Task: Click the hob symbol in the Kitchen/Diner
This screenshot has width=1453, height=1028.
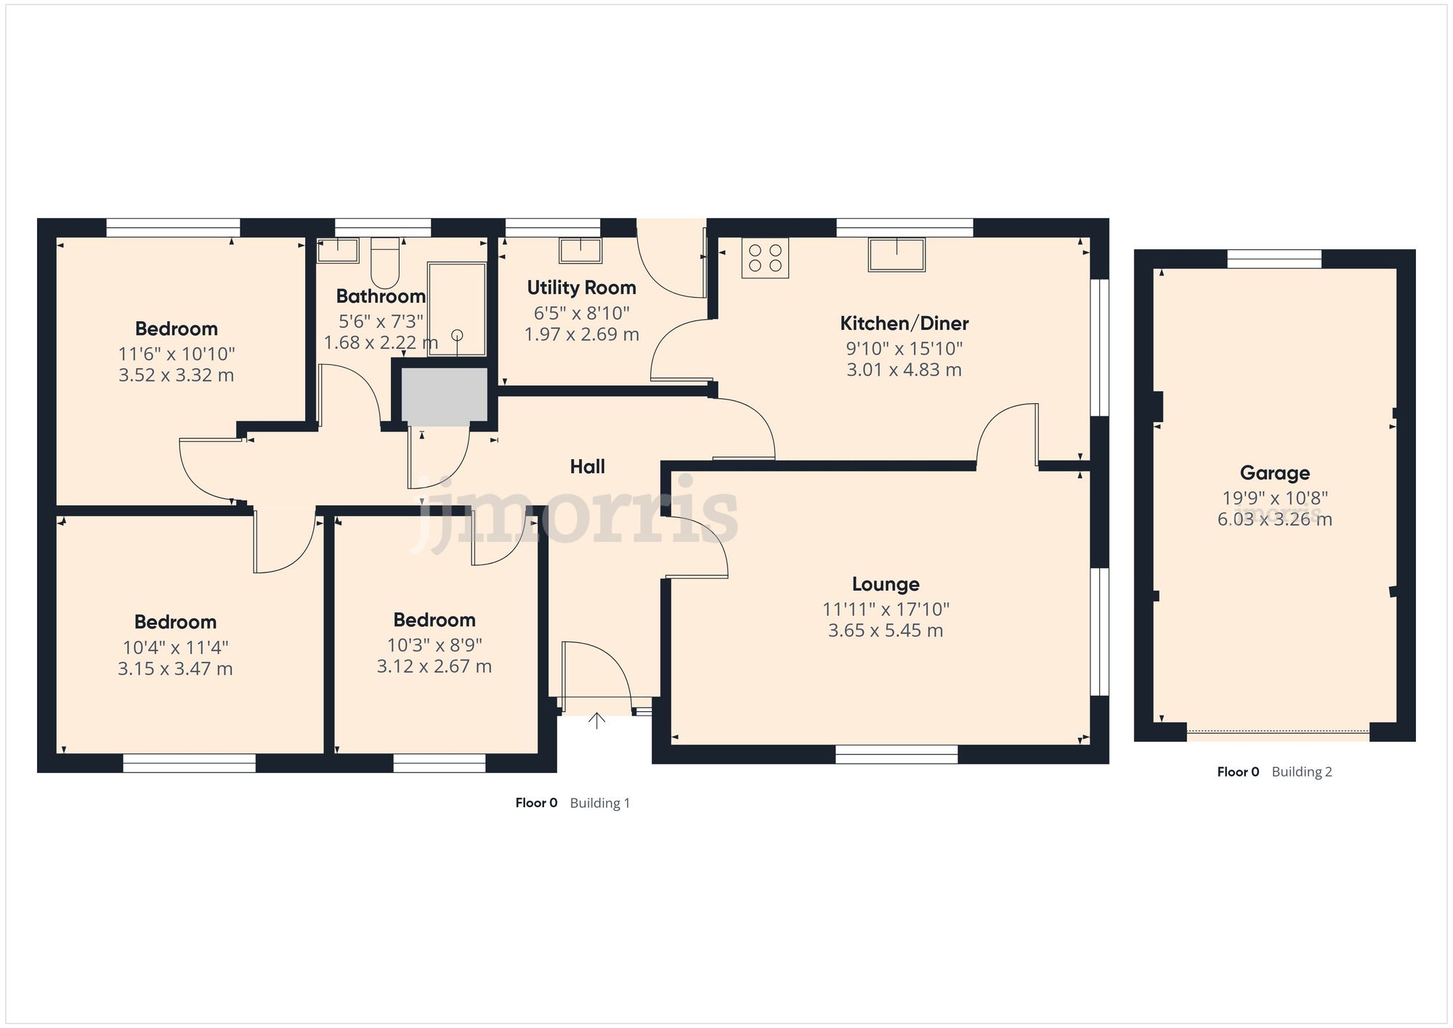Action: (x=765, y=258)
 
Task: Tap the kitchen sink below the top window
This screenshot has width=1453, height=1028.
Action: (x=897, y=255)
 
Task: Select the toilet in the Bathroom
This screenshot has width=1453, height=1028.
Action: (x=385, y=263)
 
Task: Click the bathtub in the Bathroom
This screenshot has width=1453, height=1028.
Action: (x=456, y=309)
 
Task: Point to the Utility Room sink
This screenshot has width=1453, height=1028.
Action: (x=580, y=250)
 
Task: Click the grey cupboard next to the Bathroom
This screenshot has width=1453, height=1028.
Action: (x=445, y=395)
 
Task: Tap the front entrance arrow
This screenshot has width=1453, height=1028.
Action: (x=596, y=720)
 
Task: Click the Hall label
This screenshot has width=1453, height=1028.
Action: (x=587, y=466)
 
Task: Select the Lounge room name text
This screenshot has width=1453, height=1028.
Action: (x=885, y=584)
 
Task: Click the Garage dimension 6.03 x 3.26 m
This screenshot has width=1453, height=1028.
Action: (x=1274, y=519)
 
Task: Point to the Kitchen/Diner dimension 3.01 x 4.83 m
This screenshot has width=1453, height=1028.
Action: (x=904, y=370)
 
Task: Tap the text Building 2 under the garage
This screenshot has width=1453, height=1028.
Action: (x=1301, y=772)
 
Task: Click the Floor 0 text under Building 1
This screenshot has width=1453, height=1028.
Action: (x=536, y=803)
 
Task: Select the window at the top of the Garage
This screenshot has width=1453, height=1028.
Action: (x=1274, y=259)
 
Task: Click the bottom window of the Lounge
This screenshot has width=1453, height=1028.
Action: (x=897, y=754)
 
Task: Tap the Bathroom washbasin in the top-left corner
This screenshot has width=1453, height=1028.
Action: (x=338, y=250)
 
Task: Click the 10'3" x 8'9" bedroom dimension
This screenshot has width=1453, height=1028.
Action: (x=434, y=645)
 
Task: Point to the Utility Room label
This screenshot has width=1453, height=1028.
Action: (x=581, y=288)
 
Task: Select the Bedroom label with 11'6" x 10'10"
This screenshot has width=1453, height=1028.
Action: (x=177, y=328)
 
